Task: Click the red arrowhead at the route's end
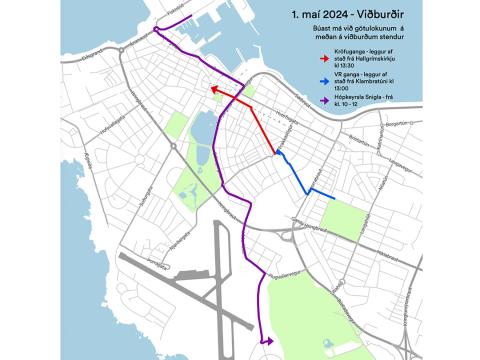click(213, 89)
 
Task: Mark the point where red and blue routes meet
click(276, 153)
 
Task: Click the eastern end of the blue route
click(334, 198)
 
